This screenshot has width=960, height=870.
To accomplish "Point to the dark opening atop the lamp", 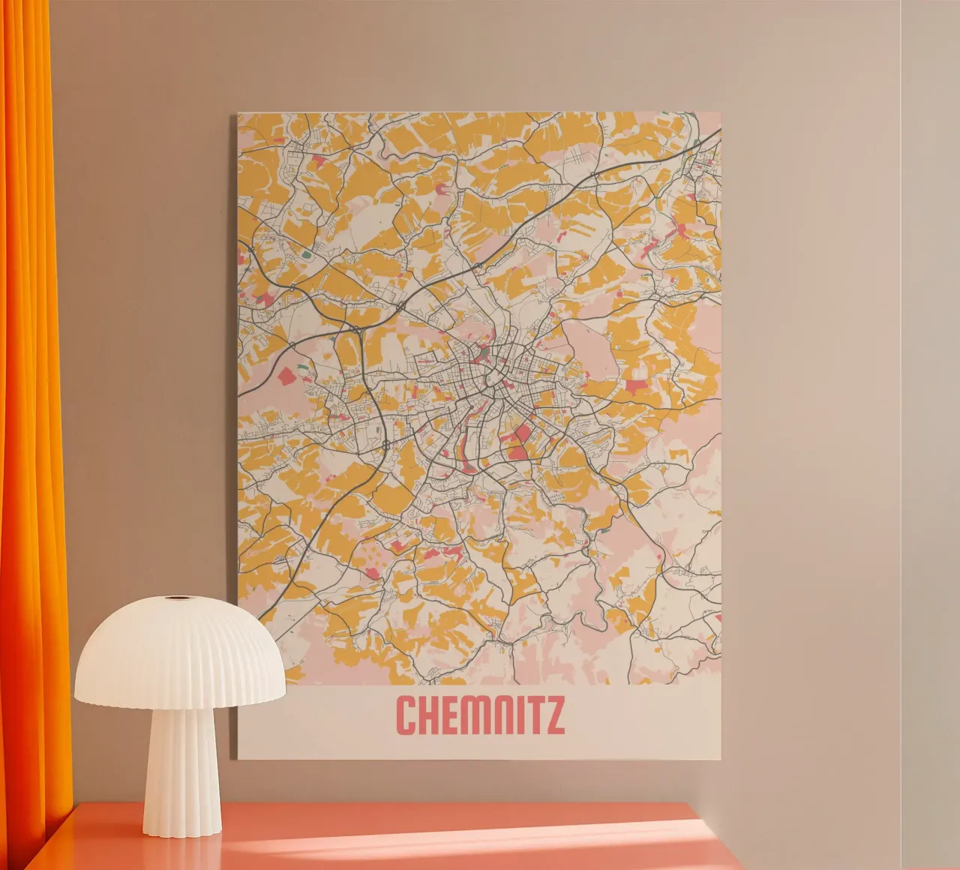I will point(178,598).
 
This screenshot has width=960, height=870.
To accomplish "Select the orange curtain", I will point(30,375).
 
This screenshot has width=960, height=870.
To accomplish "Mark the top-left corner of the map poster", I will point(238,113).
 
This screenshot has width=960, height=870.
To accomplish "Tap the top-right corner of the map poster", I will point(721,112).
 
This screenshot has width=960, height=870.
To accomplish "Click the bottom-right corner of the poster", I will point(721,759).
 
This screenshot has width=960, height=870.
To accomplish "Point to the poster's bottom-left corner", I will point(238,757).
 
